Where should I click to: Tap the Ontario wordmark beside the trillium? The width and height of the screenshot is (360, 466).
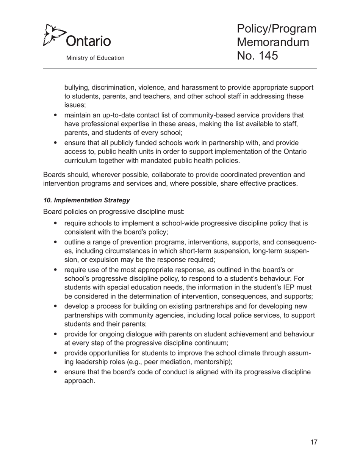(x=88, y=40)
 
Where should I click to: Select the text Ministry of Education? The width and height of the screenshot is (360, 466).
(x=95, y=58)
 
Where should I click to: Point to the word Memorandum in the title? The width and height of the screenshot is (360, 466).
(x=272, y=42)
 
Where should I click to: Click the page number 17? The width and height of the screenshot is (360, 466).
(x=313, y=442)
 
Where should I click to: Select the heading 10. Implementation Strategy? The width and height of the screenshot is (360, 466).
(x=87, y=200)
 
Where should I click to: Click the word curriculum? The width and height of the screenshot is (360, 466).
(x=81, y=161)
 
